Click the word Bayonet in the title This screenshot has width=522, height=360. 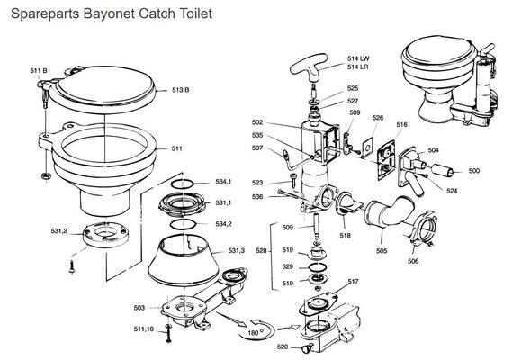click(x=109, y=14)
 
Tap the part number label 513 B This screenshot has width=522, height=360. click(x=180, y=90)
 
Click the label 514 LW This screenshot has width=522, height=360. click(x=358, y=58)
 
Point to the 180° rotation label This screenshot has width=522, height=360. click(x=253, y=333)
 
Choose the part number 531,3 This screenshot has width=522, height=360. click(x=237, y=250)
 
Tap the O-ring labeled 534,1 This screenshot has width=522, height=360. click(x=183, y=184)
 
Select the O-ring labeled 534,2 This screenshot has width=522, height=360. click(x=183, y=224)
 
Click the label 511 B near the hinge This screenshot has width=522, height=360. click(x=39, y=70)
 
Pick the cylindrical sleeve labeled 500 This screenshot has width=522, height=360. click(x=443, y=170)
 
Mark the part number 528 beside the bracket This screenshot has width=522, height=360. click(x=261, y=251)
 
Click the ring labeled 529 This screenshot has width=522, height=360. click(x=318, y=266)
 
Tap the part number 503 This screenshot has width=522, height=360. click(x=139, y=308)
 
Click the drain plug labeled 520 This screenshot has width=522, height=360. click(x=306, y=348)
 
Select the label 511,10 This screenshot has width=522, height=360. click(x=144, y=329)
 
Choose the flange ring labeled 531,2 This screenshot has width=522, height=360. click(x=105, y=234)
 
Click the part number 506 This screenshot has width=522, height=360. click(x=413, y=261)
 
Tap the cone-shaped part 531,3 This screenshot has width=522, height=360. click(x=183, y=261)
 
